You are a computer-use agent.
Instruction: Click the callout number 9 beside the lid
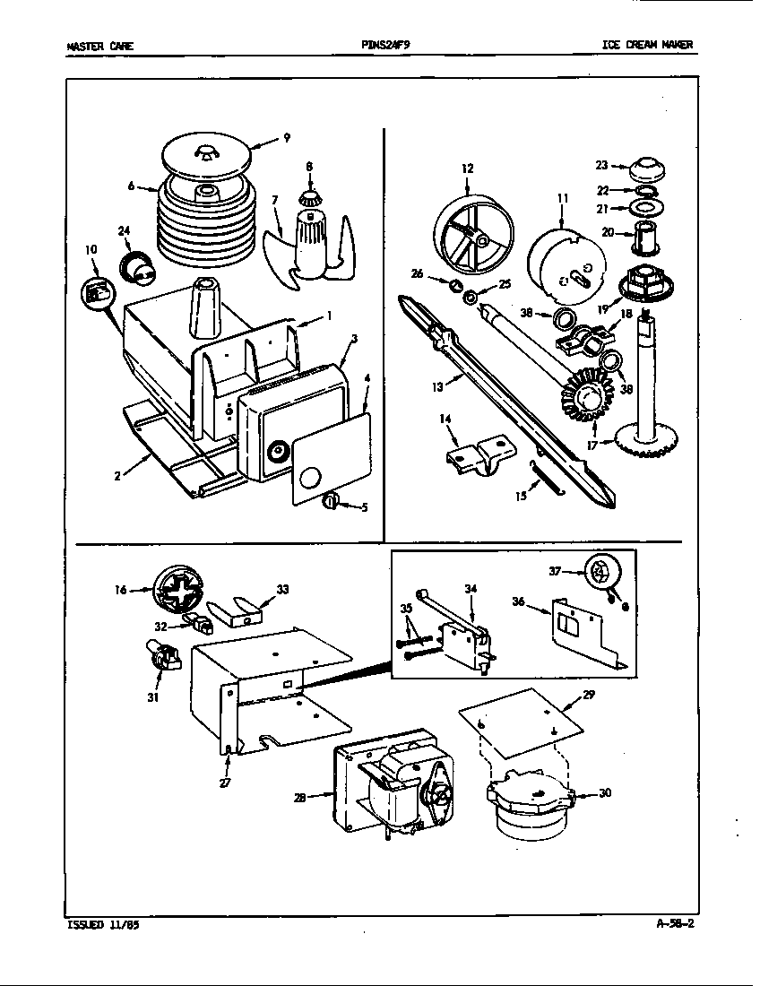(x=286, y=138)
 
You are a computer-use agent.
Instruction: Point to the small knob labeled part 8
(x=309, y=198)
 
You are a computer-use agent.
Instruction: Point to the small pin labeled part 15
(x=543, y=476)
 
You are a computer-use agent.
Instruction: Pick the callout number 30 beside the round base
(x=605, y=792)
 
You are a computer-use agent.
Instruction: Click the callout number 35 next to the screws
(x=405, y=608)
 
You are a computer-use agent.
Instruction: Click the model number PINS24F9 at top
(x=386, y=46)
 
